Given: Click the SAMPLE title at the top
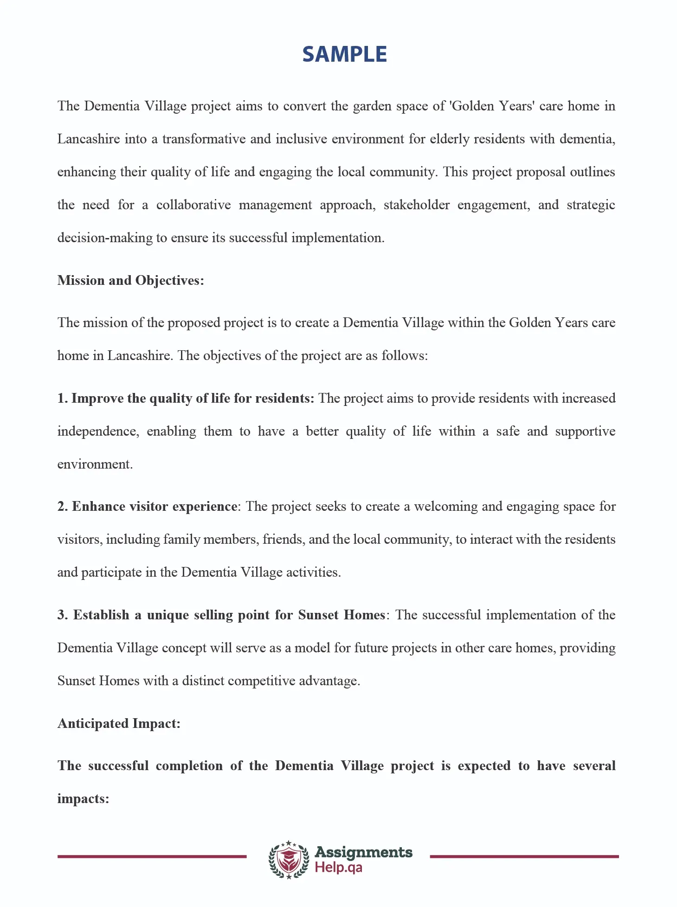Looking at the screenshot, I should [x=344, y=54].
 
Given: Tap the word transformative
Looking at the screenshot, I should [x=204, y=139].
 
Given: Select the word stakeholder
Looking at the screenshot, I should [x=416, y=205].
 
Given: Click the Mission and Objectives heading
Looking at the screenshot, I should [x=130, y=281].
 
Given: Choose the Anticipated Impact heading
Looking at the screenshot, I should [x=119, y=724].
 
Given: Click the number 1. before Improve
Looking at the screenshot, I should [x=63, y=399].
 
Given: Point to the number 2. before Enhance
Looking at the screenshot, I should [x=63, y=507].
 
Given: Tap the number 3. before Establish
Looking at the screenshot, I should [x=63, y=615].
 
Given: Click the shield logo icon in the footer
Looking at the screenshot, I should [x=289, y=860].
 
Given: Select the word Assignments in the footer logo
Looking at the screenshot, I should [x=363, y=852].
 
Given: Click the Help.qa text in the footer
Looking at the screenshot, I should [x=338, y=868].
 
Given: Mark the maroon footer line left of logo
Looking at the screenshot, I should [x=152, y=856].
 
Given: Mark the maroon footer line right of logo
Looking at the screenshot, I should [x=524, y=856].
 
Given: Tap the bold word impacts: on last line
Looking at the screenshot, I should [x=83, y=799].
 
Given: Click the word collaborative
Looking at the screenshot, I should [x=193, y=205].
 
